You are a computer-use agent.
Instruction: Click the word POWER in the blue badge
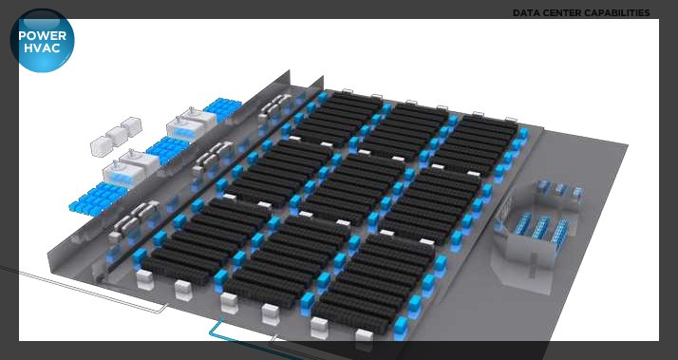(43, 35)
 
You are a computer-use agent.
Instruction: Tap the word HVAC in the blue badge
(42, 47)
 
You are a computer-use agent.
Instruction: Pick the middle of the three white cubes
(117, 136)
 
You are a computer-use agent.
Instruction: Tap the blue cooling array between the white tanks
(168, 150)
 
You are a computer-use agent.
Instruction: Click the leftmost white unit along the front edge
(145, 279)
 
